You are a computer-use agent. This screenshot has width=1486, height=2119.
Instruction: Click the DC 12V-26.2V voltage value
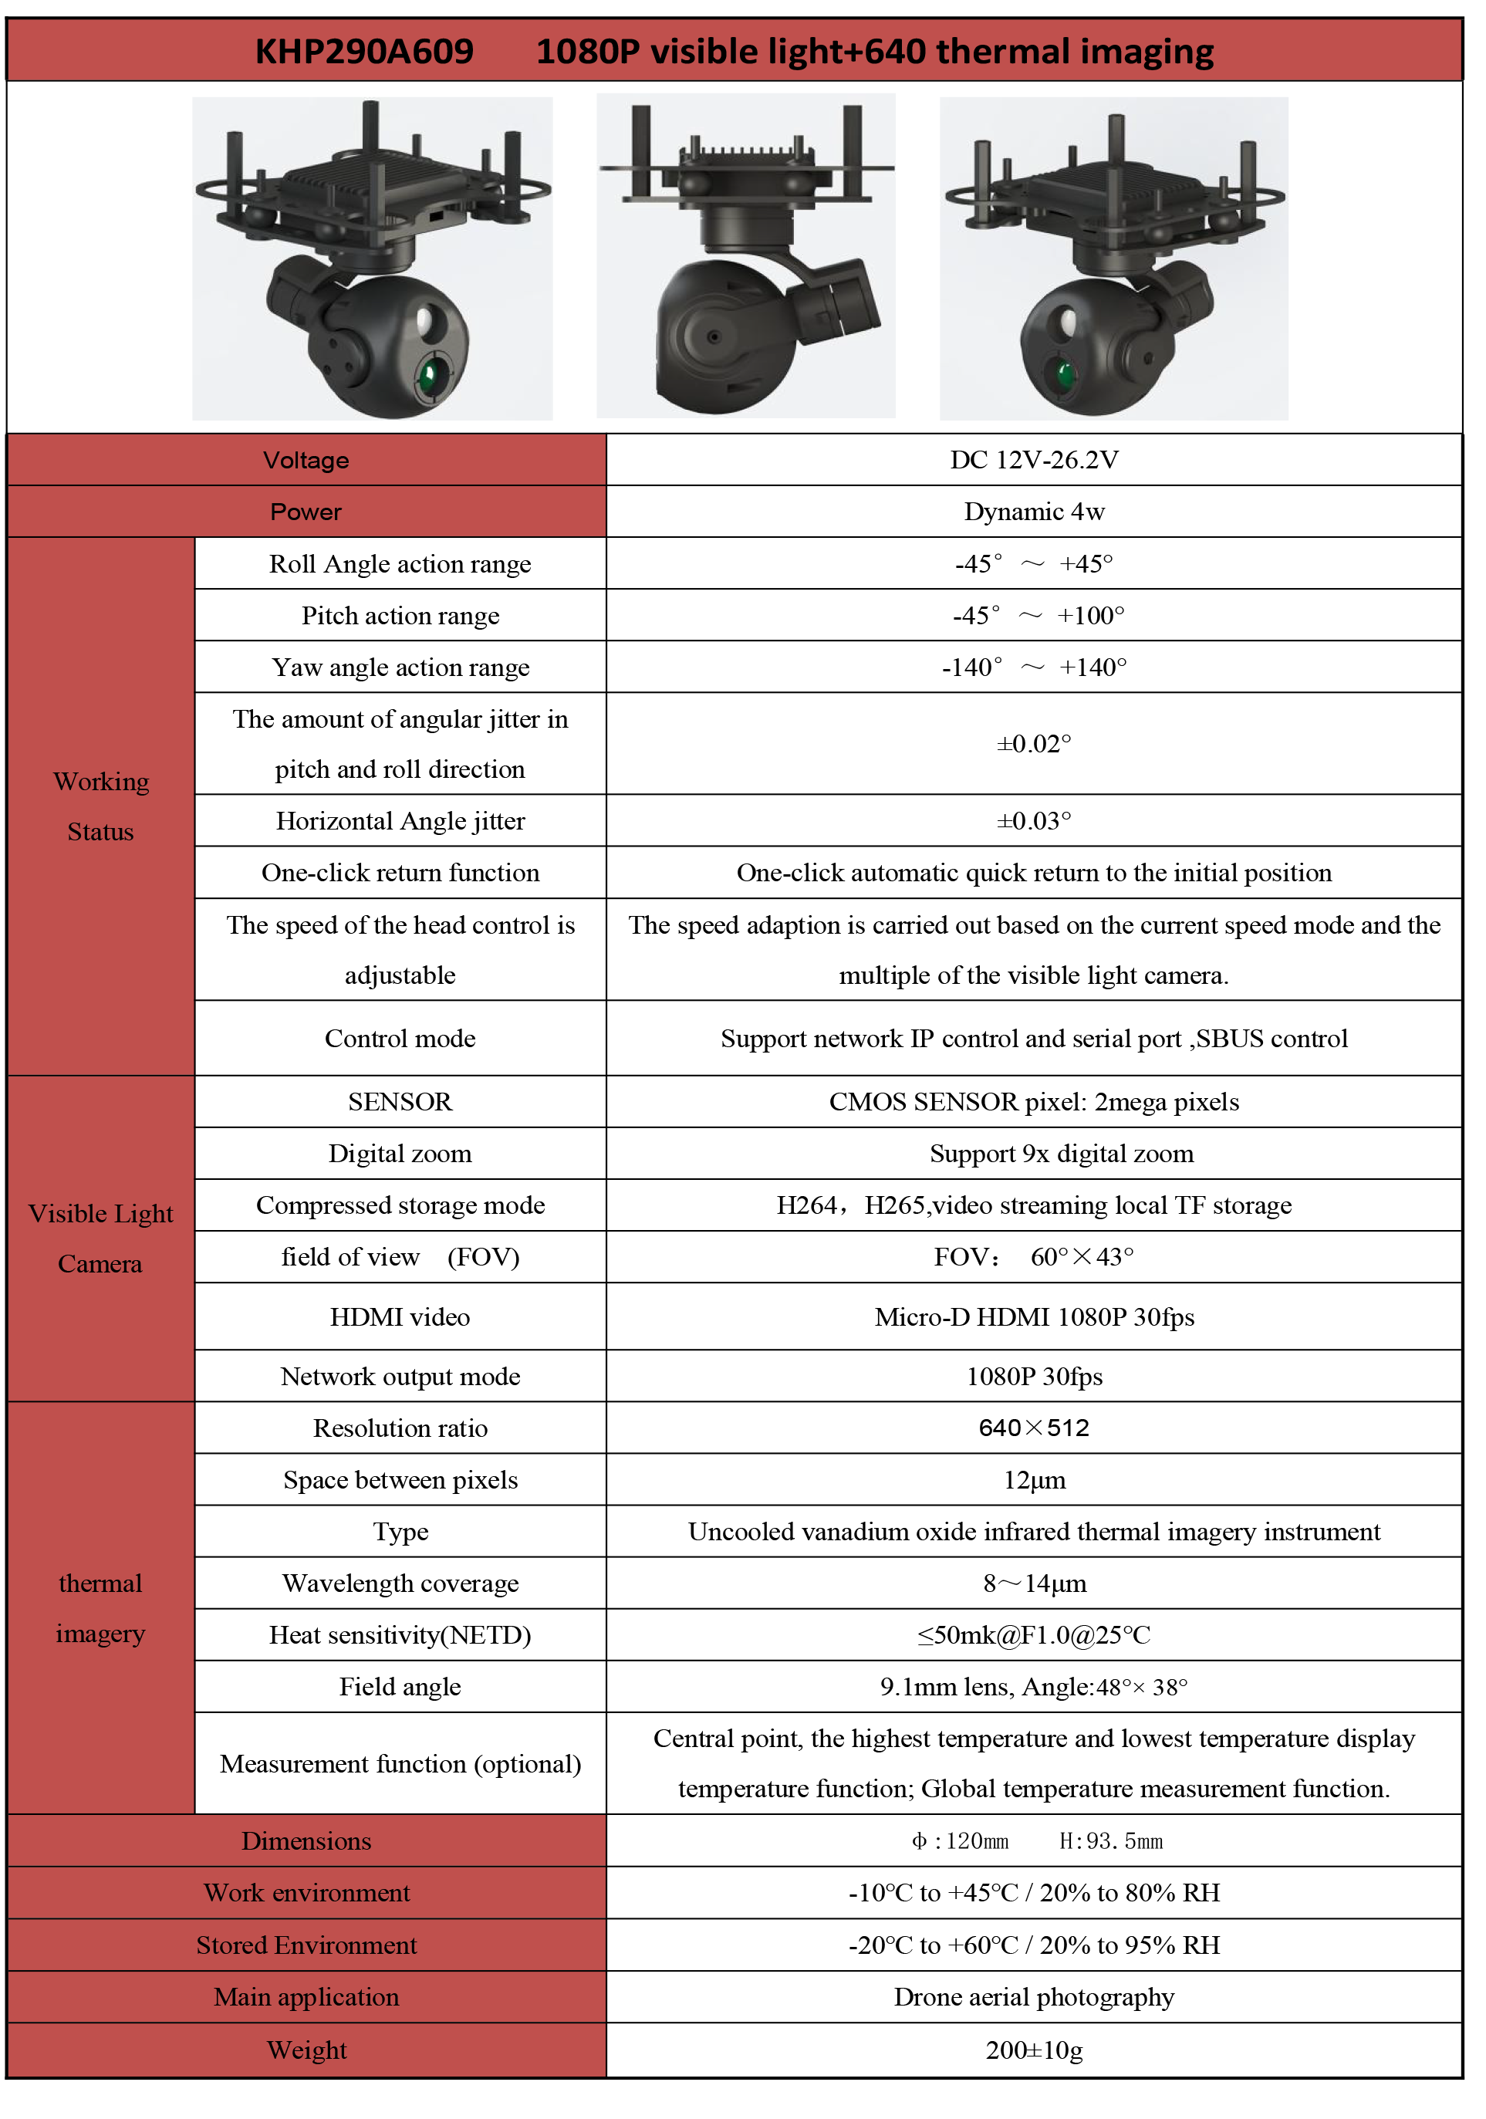point(1034,460)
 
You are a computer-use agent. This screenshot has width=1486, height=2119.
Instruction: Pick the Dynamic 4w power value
point(1034,512)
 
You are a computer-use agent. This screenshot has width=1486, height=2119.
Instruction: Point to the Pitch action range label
point(400,616)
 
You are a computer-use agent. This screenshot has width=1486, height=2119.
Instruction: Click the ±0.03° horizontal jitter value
point(1034,820)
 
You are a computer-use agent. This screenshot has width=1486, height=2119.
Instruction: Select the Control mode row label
point(400,1038)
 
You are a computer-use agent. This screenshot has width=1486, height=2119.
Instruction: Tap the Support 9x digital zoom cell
point(1061,1154)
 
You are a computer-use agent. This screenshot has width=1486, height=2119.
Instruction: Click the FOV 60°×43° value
point(1034,1257)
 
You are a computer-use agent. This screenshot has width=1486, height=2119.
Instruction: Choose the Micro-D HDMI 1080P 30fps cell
point(1034,1317)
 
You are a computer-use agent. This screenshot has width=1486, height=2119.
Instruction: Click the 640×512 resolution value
point(1034,1428)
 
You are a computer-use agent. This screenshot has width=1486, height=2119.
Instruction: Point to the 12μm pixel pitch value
point(1034,1480)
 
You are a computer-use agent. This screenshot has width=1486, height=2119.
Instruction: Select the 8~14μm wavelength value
point(1034,1583)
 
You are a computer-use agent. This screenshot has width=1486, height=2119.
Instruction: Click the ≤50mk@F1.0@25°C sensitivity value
point(1034,1635)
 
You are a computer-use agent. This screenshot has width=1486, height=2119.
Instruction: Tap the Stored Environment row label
point(306,1945)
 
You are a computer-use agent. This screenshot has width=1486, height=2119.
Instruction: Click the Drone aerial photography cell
point(1034,1997)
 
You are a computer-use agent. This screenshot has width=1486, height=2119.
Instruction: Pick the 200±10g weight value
point(1034,2050)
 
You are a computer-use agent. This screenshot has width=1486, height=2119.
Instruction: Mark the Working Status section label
point(100,806)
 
